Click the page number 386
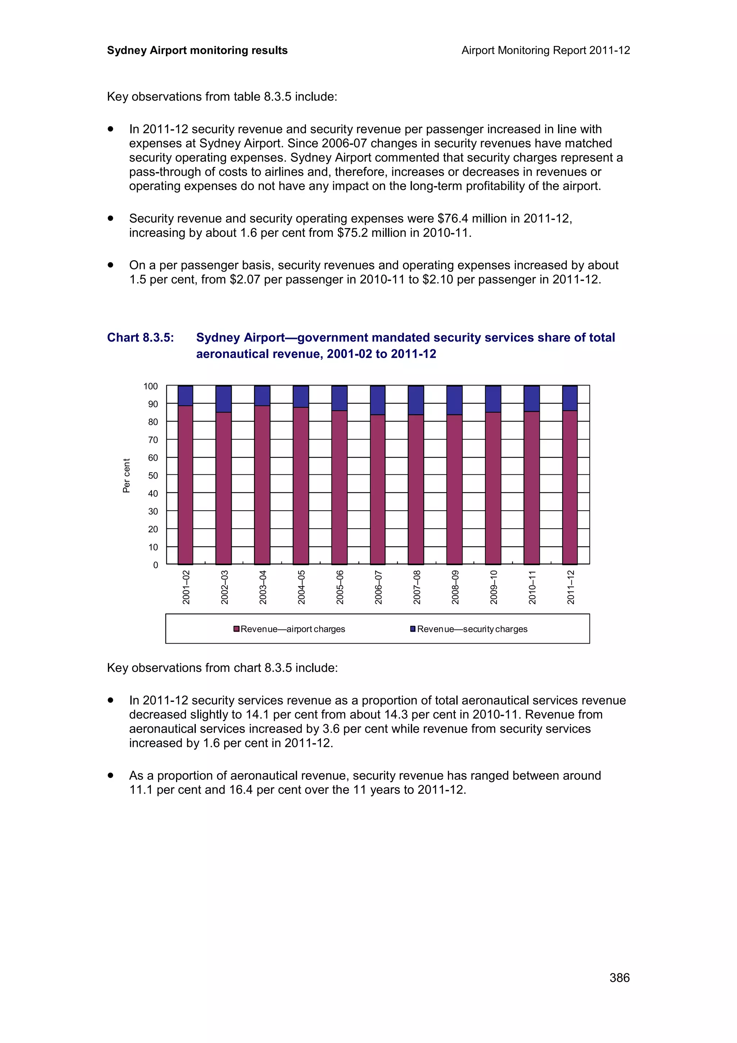pos(619,977)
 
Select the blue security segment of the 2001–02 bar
pos(185,396)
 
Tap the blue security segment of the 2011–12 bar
pos(570,398)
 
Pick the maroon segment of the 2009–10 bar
pos(493,488)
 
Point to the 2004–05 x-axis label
pos(302,587)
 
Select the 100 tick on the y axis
pos(151,386)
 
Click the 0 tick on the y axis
pos(156,565)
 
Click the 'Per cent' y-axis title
pos(126,475)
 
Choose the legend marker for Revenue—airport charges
pos(236,629)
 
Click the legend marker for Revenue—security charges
pos(413,629)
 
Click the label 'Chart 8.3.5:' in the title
pos(140,338)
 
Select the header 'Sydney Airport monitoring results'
pos(197,50)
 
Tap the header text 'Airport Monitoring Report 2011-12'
pos(545,50)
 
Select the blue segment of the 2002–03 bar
pos(223,399)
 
